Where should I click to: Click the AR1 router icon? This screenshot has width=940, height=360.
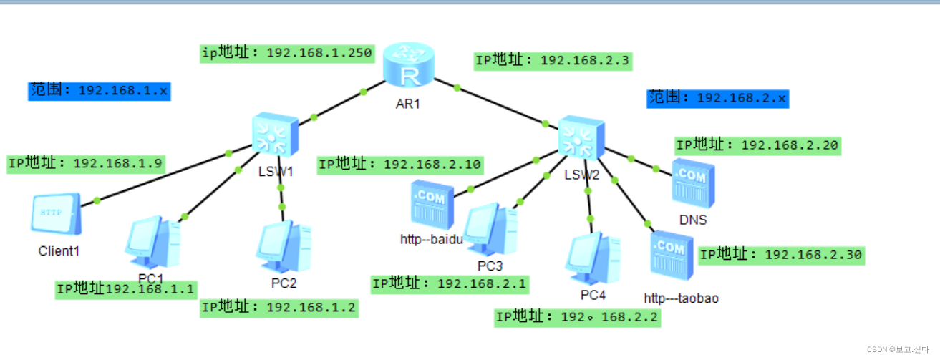pos(408,66)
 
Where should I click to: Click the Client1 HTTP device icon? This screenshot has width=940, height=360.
pos(56,214)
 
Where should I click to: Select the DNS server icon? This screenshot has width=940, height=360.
pos(692,183)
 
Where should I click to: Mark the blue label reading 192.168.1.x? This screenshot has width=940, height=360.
pos(100,91)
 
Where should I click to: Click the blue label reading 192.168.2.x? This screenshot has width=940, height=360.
pos(717,98)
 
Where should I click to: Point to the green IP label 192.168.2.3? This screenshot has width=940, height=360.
pos(553,61)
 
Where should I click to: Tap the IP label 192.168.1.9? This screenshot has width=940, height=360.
pos(86,163)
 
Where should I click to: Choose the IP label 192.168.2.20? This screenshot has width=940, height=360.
pos(758,145)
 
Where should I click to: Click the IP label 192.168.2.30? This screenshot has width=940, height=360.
pos(781,255)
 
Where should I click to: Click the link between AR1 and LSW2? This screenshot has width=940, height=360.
pos(501,105)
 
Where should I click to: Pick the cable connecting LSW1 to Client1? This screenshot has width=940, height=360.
pos(165,178)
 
